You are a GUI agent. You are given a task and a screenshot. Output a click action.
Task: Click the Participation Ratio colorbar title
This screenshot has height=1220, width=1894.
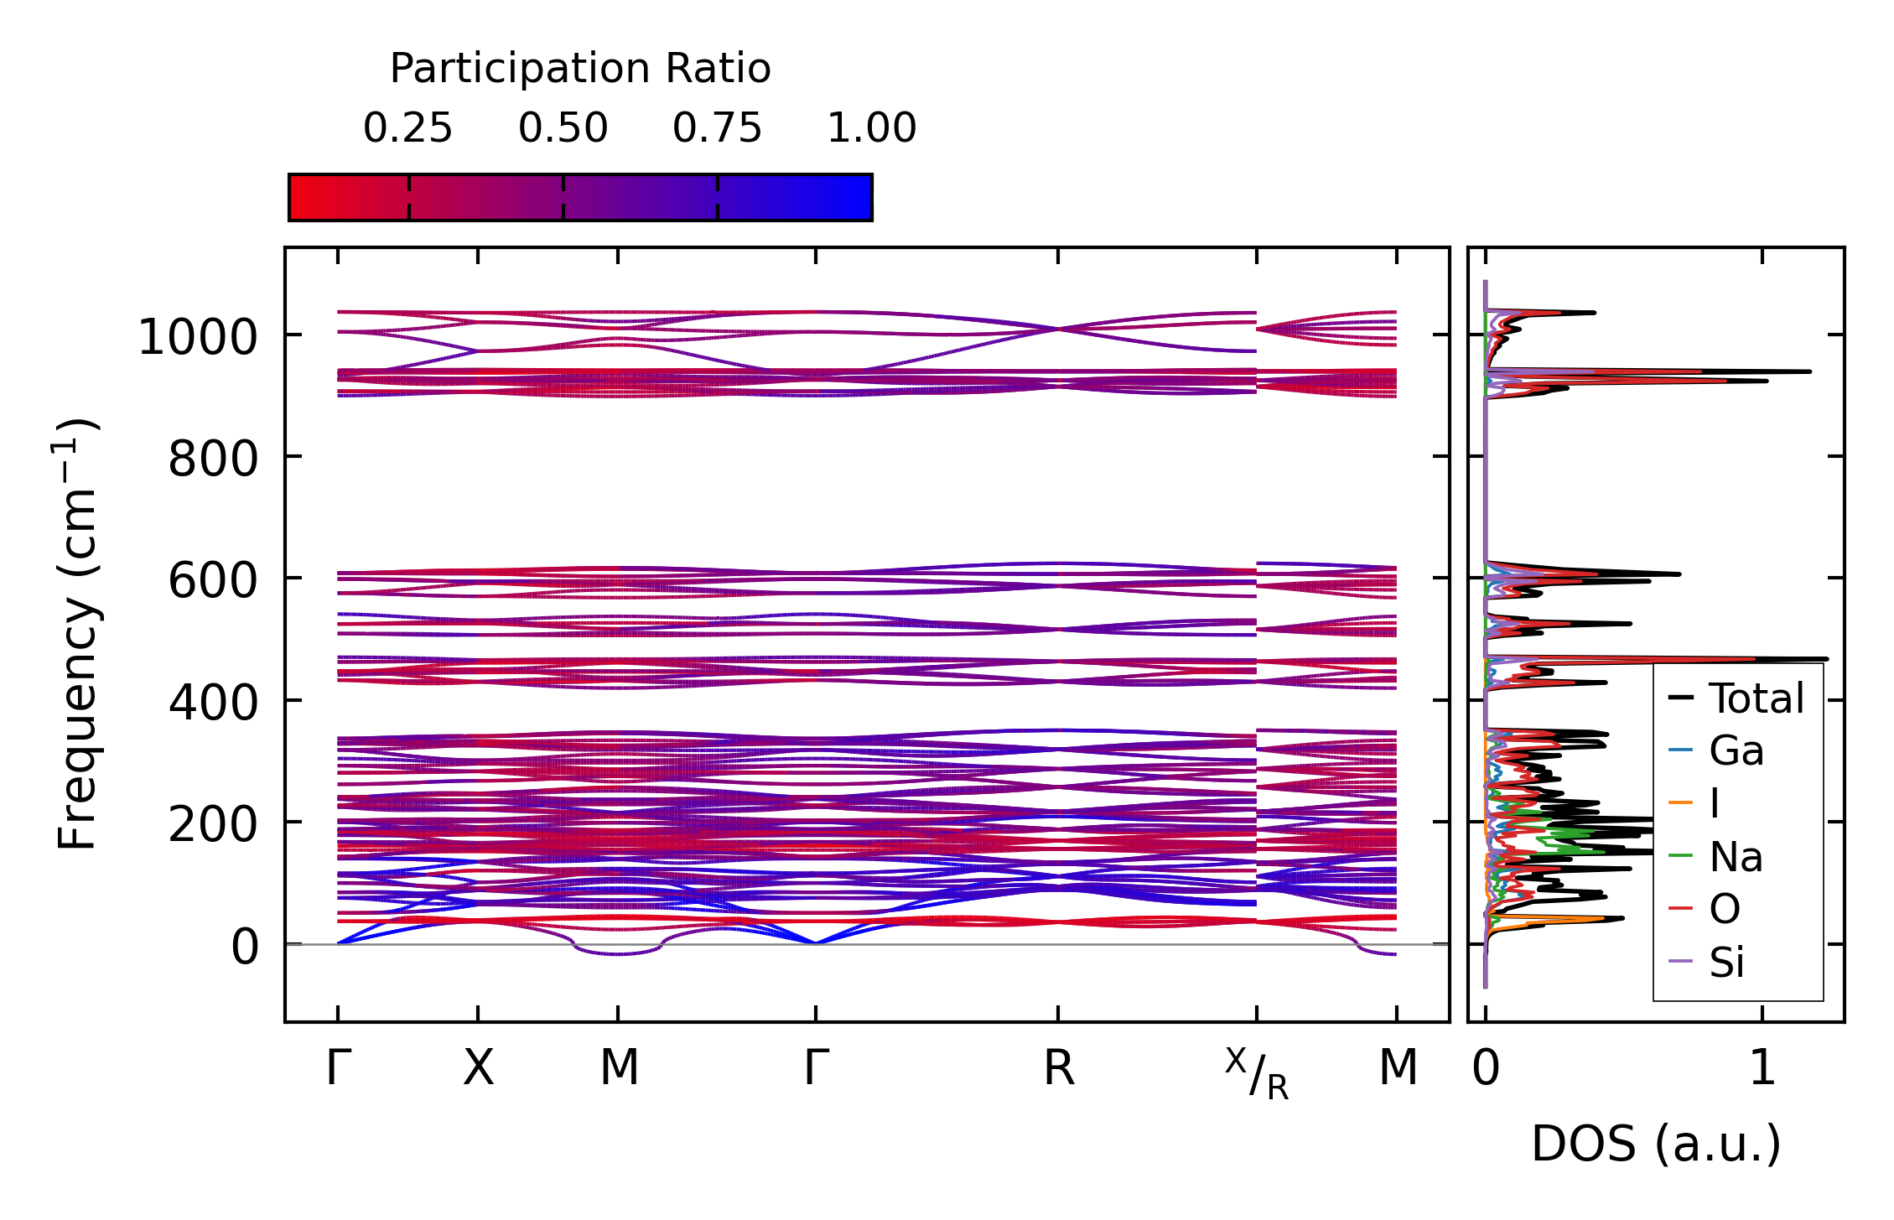[x=580, y=69]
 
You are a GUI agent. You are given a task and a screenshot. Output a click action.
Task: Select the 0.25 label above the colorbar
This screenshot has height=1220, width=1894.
[x=407, y=128]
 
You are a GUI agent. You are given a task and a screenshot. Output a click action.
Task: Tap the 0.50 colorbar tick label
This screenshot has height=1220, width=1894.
[x=563, y=128]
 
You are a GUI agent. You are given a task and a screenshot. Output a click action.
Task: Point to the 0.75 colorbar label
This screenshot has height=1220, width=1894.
[x=717, y=128]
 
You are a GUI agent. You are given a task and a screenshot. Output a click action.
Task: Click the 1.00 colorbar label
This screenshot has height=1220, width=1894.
[x=871, y=128]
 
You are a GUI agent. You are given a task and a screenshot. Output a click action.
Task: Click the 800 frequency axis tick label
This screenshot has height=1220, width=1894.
[x=213, y=459]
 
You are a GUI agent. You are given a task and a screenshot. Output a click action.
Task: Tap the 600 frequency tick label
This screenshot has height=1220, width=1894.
[x=213, y=581]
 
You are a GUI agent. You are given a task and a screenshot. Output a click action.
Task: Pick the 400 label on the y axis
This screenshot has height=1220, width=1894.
[x=213, y=703]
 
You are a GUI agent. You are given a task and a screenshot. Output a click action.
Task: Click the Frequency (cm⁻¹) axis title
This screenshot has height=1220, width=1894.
[x=78, y=634]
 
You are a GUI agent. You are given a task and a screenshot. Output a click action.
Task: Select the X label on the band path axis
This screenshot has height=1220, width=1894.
[x=478, y=1069]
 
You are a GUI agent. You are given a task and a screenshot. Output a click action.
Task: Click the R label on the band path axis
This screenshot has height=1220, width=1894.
[x=1058, y=1069]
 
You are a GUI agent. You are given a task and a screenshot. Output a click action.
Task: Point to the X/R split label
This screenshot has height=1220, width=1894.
[x=1256, y=1073]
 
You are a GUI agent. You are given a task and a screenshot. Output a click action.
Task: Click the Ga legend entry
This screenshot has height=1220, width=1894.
[x=1736, y=751]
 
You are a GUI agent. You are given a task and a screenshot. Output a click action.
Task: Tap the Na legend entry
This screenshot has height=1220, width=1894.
[x=1736, y=857]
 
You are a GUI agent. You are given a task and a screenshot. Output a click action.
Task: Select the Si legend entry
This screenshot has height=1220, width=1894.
[x=1727, y=963]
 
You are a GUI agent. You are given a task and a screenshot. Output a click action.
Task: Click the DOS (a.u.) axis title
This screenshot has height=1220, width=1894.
[x=1656, y=1145]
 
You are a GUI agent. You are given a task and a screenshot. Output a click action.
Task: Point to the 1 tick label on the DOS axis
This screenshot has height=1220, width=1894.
[x=1762, y=1069]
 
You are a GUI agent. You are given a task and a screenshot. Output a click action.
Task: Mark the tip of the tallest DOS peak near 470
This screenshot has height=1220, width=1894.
[x=1827, y=659]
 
